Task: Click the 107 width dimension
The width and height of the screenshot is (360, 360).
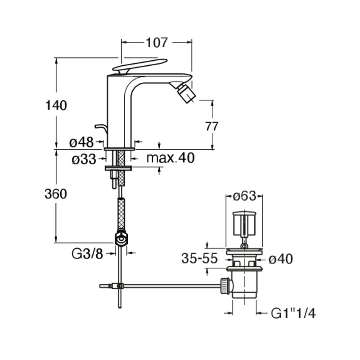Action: pyautogui.click(x=157, y=42)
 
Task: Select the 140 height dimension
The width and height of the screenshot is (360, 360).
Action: pyautogui.click(x=56, y=105)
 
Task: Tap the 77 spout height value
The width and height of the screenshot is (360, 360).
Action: pyautogui.click(x=211, y=126)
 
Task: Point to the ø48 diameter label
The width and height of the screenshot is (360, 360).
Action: pyautogui.click(x=81, y=142)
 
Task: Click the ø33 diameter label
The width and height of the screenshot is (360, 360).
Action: pyautogui.click(x=84, y=159)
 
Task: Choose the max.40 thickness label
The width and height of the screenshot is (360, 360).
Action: pyautogui.click(x=171, y=158)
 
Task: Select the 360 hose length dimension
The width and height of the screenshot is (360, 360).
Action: pyautogui.click(x=56, y=194)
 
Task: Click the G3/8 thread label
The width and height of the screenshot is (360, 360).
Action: pyautogui.click(x=87, y=254)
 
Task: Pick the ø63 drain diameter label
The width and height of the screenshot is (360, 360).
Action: pyautogui.click(x=244, y=196)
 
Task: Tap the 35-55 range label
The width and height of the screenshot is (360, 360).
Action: pyautogui.click(x=199, y=258)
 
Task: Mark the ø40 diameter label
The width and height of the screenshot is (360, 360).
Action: pyautogui.click(x=280, y=260)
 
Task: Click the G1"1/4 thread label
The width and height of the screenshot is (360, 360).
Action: pyautogui.click(x=293, y=313)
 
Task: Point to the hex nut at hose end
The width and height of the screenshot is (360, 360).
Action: pyautogui.click(x=121, y=239)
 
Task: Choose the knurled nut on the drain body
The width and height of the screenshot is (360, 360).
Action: pyautogui.click(x=225, y=286)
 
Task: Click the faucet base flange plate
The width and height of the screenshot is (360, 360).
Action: pyautogui.click(x=119, y=149)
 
